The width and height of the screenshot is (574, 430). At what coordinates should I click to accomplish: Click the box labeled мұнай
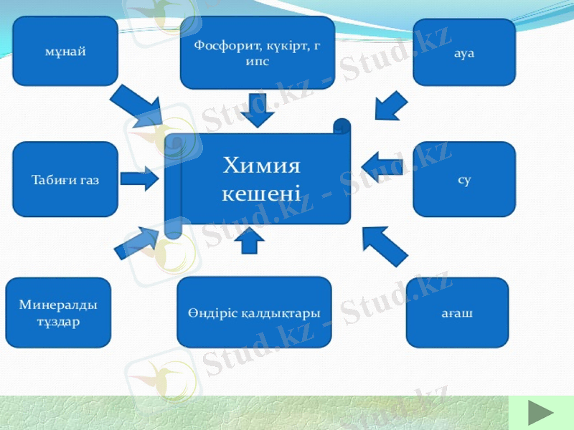coord(65,52)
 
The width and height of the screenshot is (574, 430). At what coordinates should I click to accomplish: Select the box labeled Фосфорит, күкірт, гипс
coord(257,53)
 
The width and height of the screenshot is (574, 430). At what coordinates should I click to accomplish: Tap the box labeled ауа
coord(464,52)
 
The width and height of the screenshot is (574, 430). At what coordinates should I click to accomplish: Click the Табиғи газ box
coord(65,179)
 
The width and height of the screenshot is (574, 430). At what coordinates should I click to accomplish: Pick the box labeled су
coord(464,179)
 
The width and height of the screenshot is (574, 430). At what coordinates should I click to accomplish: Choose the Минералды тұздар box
coord(58,313)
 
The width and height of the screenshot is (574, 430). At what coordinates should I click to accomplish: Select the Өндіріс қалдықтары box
coord(254,313)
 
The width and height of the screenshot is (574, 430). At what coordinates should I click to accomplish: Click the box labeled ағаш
coord(457,313)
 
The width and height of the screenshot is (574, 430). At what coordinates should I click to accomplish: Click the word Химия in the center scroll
coord(261,166)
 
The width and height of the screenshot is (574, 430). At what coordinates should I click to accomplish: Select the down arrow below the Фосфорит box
coord(257,109)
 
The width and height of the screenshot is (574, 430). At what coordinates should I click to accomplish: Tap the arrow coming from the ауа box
coord(391,105)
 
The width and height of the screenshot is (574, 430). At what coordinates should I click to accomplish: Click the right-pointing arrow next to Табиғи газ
coord(138,180)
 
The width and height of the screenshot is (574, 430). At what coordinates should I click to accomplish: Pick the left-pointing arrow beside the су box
coord(381,166)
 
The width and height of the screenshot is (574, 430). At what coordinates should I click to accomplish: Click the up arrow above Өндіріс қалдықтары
coord(250,241)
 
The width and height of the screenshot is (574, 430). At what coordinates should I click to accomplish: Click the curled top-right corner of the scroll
coord(342,127)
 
